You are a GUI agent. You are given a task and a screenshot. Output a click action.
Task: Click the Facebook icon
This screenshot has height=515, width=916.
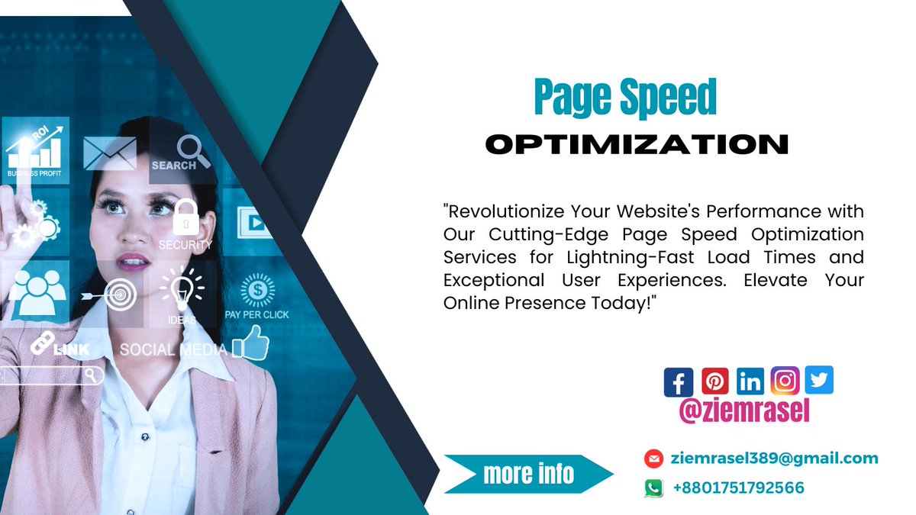click(x=679, y=381)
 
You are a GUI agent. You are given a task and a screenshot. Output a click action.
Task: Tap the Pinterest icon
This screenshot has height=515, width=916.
click(x=715, y=381)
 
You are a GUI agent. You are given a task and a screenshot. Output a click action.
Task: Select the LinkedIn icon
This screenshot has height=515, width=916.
click(x=751, y=381)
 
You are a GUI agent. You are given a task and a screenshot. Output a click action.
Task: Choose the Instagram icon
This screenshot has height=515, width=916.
click(x=785, y=380)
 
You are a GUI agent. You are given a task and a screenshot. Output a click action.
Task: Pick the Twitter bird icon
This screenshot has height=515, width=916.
click(x=819, y=380)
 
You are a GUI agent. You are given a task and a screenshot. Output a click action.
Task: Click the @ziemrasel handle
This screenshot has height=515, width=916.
click(x=744, y=411)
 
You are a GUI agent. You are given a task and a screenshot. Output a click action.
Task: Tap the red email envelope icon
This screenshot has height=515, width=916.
click(x=653, y=459)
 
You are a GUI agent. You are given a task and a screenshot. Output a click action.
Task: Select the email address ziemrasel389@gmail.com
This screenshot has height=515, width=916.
click(x=775, y=459)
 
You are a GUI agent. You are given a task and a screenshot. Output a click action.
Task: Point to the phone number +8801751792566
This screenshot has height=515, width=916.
click(x=738, y=488)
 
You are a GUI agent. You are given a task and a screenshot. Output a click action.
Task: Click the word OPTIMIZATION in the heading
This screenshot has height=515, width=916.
click(x=637, y=143)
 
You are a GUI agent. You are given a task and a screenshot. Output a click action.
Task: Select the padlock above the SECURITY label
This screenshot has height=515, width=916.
click(x=185, y=217)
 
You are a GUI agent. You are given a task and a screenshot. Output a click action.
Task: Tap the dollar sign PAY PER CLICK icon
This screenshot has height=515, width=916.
click(x=257, y=290)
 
